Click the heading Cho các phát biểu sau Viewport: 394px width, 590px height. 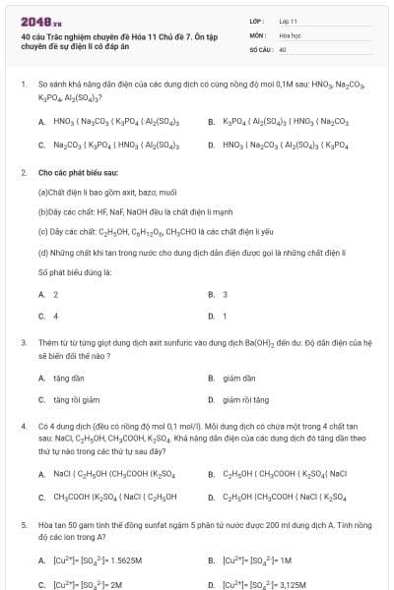[x=77, y=172]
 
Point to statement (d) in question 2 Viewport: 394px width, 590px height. [x=177, y=254]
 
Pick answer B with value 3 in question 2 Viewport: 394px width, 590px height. [x=225, y=294]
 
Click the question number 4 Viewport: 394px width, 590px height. [x=23, y=426]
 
